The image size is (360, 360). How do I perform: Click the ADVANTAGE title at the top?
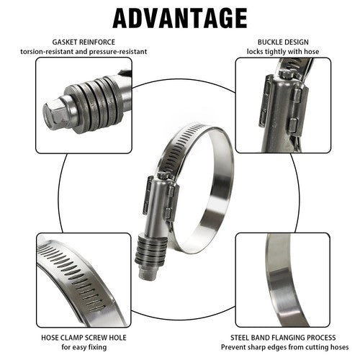(179, 17)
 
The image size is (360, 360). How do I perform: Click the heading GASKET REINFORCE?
(84, 42)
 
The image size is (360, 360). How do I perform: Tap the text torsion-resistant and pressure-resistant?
(84, 53)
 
